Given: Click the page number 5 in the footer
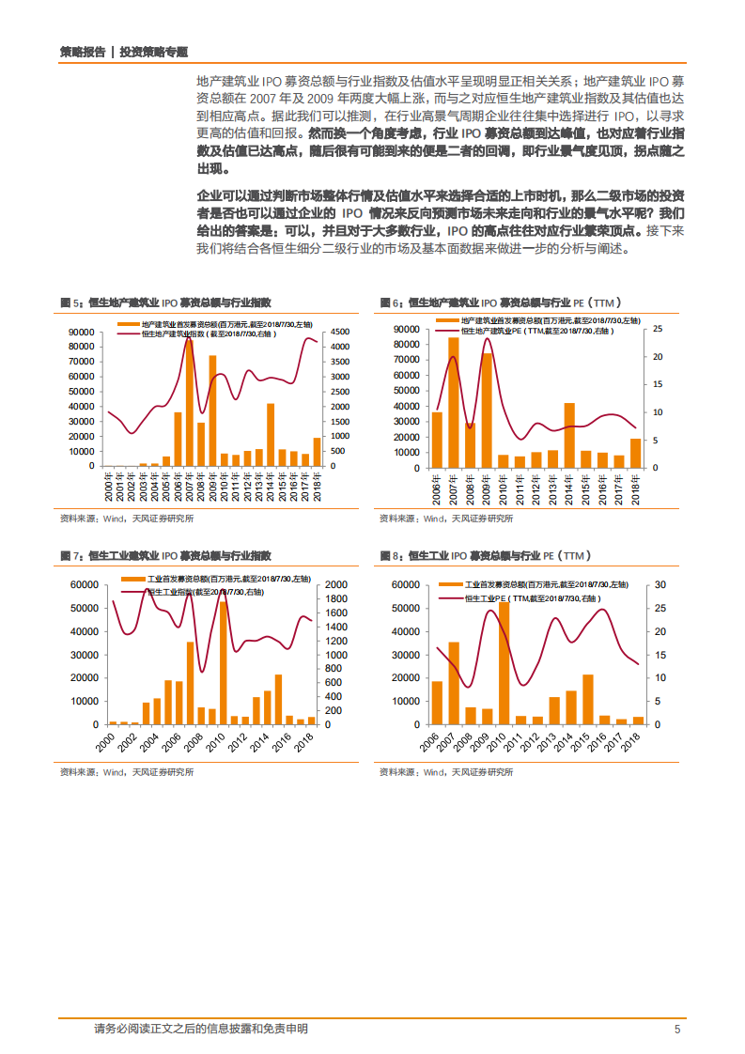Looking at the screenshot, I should click(676, 1029).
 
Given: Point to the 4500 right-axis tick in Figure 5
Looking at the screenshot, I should click(340, 333).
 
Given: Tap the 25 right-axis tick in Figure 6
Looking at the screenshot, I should click(658, 329).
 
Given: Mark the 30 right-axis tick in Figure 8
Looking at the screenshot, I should click(660, 585).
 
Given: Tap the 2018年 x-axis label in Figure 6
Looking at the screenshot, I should click(636, 488).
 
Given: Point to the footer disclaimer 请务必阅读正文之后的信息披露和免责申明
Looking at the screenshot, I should click(201, 1029).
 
